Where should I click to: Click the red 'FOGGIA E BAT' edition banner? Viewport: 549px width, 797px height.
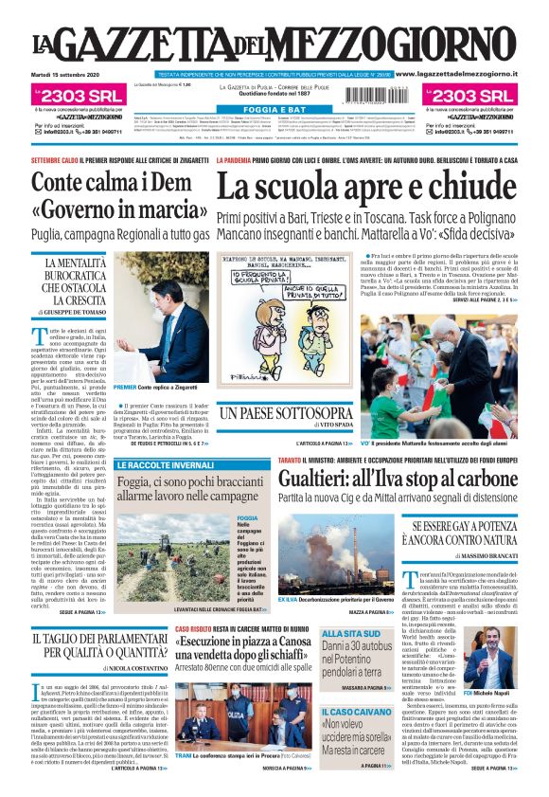[x=274, y=110]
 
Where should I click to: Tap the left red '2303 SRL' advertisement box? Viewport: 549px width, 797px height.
[x=70, y=96]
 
